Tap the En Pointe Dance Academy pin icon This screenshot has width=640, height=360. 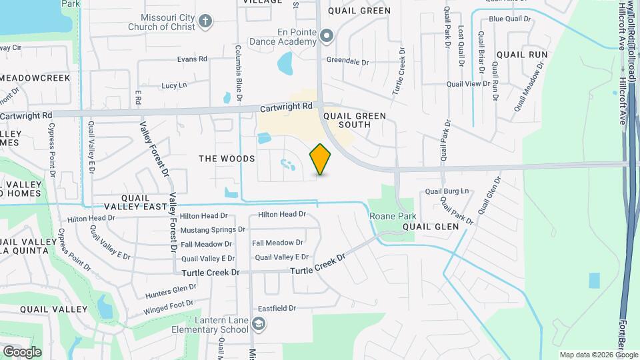327,36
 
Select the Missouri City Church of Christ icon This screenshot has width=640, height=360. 205,21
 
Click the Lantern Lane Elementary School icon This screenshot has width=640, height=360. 259,324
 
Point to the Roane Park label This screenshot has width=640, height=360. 393,216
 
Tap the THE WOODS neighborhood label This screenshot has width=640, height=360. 227,159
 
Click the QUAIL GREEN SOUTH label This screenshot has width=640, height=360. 354,120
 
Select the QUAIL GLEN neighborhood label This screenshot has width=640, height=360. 431,227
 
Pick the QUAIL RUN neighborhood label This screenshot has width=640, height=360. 521,55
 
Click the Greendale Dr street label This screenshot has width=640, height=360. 347,61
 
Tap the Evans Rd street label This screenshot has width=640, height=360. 192,59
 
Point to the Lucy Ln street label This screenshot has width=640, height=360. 174,85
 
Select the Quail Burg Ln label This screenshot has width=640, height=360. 447,191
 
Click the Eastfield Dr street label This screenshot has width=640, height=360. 277,308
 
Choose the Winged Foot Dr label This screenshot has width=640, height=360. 168,307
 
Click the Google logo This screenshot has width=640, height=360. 22,351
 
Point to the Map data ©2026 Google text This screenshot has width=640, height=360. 598,355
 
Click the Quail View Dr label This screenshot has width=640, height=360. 468,84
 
